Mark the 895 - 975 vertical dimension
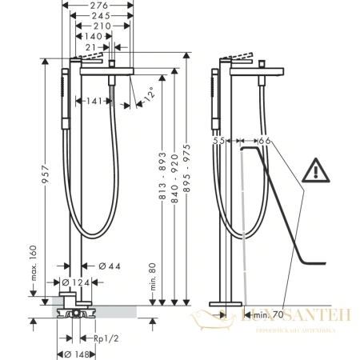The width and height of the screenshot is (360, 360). (186, 178)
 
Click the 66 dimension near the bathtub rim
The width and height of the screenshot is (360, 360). (266, 141)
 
